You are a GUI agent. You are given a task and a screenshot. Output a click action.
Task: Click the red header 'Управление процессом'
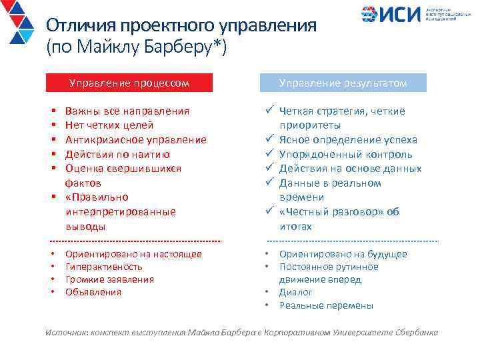tap(129, 83)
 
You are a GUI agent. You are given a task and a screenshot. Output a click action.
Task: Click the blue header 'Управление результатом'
tap(343, 83)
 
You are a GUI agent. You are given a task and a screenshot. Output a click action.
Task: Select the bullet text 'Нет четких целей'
tap(109, 125)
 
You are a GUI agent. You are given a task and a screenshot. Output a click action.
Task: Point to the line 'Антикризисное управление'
tap(135, 140)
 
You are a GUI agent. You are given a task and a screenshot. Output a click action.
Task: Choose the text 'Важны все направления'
tap(127, 111)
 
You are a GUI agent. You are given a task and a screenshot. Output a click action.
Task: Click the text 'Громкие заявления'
tap(109, 279)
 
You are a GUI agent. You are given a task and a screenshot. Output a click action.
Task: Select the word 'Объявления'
tap(93, 292)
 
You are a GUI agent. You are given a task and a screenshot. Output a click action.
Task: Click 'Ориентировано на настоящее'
tap(133, 254)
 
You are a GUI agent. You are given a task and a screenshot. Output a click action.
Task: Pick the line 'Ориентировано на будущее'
tap(343, 254)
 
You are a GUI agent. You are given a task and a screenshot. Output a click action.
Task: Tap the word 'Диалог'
tap(296, 293)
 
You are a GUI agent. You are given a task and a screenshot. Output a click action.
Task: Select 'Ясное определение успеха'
tap(348, 140)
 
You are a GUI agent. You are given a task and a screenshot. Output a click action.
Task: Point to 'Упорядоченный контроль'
tap(345, 154)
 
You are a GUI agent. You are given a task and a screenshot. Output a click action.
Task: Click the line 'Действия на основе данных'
tap(350, 169)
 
